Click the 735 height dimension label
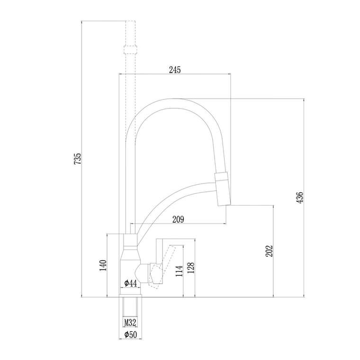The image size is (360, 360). click(x=78, y=158)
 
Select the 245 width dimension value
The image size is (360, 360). click(x=175, y=70)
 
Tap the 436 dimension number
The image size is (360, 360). click(x=300, y=198)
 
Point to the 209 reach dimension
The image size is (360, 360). click(x=178, y=219)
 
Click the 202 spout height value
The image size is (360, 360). click(x=269, y=251)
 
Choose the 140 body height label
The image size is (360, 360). click(x=103, y=265)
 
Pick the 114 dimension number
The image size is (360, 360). click(x=180, y=270)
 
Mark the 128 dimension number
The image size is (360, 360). click(x=191, y=268)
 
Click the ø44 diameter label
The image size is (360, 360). click(x=131, y=283)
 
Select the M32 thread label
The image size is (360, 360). click(x=130, y=323)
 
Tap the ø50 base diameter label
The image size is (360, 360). click(x=131, y=334)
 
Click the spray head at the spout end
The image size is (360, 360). click(x=222, y=188)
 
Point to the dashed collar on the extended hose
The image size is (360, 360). click(x=130, y=50)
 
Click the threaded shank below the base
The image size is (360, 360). click(x=130, y=307)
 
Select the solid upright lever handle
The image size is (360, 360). click(x=160, y=252)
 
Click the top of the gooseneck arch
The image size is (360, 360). click(x=177, y=99)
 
